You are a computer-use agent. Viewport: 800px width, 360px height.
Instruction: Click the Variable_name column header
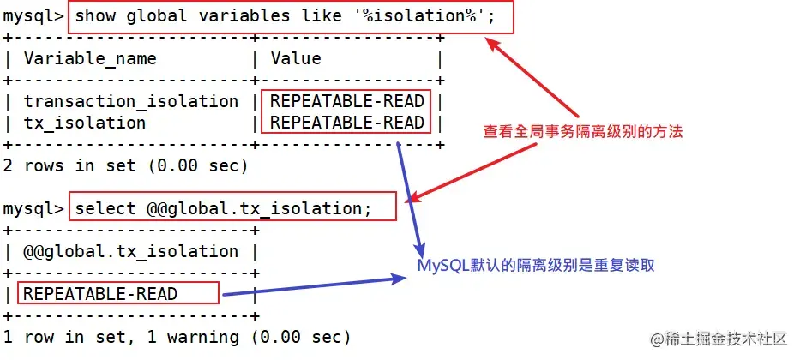click(x=90, y=59)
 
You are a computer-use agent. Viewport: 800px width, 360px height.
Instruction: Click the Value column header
click(x=296, y=59)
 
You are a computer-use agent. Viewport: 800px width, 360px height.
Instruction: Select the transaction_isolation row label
click(x=131, y=101)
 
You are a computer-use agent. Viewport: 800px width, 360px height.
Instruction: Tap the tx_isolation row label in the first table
click(x=85, y=123)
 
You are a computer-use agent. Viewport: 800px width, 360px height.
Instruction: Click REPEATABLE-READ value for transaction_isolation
click(x=346, y=101)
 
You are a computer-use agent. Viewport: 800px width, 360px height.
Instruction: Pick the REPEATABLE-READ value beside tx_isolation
click(x=346, y=123)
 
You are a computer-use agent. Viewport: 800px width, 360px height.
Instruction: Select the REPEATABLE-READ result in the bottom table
click(x=100, y=294)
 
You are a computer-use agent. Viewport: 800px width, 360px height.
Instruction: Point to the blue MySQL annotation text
click(x=536, y=265)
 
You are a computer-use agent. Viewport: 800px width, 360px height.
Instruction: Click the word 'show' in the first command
click(x=95, y=16)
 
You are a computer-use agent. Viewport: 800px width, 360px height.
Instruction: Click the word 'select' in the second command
click(x=105, y=208)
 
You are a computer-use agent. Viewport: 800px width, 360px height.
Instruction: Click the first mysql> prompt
click(x=33, y=16)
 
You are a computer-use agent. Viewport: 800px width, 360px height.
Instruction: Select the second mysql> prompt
click(x=33, y=208)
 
